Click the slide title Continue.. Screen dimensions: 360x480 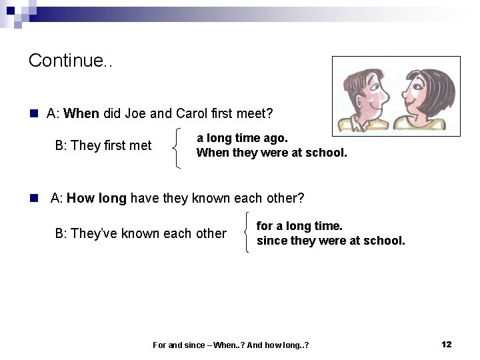(70, 61)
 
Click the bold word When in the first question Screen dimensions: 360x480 (81, 113)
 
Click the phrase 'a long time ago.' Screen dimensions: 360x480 (242, 138)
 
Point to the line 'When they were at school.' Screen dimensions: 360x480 (271, 153)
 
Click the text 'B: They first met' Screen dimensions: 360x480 (103, 145)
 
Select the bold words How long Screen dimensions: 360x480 (97, 198)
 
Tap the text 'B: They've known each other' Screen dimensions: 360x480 (141, 233)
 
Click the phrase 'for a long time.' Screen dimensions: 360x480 (299, 226)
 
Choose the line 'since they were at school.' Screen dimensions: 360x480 (331, 241)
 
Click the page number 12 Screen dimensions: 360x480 (446, 344)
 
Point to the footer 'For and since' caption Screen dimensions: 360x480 (231, 345)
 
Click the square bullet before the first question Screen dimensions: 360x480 (33, 114)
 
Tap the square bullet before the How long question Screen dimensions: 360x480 (33, 199)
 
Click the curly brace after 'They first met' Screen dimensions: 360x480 (177, 147)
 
